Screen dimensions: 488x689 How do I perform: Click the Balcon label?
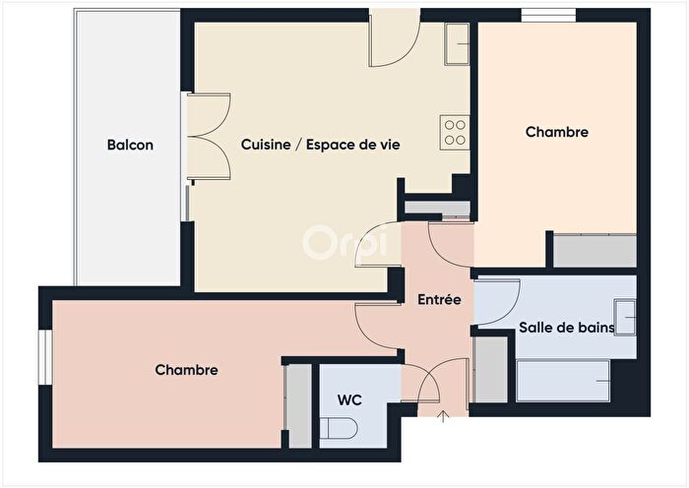[x=130, y=145]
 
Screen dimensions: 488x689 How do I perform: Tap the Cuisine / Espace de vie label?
[x=320, y=145]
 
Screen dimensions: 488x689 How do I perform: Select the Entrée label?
[x=438, y=299]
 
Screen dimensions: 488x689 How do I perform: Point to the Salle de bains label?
[x=566, y=328]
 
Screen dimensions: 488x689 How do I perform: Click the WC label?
[x=350, y=400]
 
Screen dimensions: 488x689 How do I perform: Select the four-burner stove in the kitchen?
[x=455, y=132]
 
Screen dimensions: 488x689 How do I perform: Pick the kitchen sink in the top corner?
[x=459, y=42]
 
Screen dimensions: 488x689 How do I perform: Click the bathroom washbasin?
[x=625, y=318]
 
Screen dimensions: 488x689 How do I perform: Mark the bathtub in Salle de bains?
[x=563, y=380]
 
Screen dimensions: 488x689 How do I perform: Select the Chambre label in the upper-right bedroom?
[x=556, y=132]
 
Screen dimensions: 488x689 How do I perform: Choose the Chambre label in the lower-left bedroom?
[x=186, y=370]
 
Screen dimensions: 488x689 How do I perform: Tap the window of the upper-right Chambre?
[x=549, y=14]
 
